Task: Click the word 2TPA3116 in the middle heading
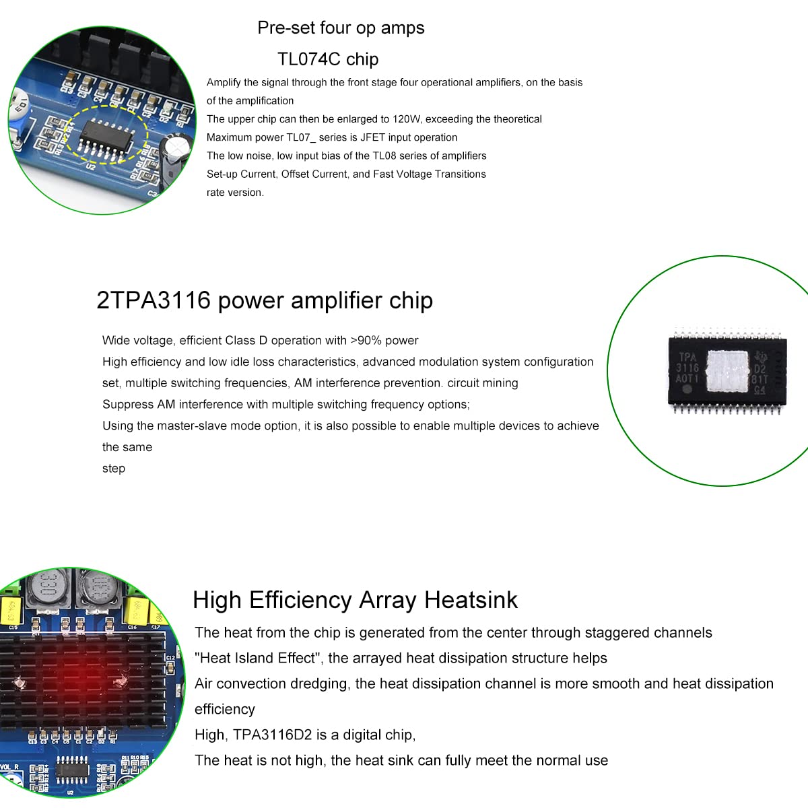tap(154, 300)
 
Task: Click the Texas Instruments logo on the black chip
tap(762, 357)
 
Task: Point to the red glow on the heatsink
tap(67, 677)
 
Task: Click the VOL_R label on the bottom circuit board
tap(9, 767)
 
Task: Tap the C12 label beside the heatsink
tap(170, 658)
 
